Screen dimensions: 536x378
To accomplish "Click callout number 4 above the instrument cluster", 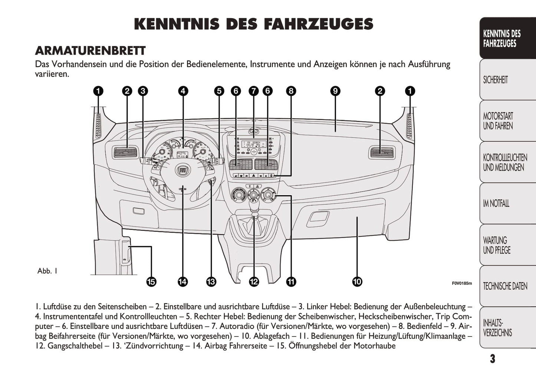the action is [x=183, y=91].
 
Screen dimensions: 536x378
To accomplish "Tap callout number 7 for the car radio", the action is [x=254, y=91].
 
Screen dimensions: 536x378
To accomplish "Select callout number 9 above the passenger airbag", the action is [x=335, y=91].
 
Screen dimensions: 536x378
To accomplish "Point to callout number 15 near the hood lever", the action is [x=151, y=282].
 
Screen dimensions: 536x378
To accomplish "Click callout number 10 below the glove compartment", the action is [x=357, y=282].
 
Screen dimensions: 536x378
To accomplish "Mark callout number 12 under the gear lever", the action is [x=254, y=282].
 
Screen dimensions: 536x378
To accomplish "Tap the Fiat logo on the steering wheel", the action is [x=183, y=170].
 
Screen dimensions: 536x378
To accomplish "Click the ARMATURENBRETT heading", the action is [x=90, y=50].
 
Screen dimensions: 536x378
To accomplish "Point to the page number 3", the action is [x=493, y=359].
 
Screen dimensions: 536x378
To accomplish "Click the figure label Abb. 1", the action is [x=47, y=271].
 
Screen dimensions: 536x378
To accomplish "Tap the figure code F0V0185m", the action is [x=462, y=283].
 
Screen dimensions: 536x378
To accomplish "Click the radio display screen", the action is [x=254, y=144].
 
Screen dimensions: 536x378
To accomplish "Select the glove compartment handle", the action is [x=318, y=218].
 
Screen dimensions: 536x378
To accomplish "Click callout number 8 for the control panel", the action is [x=291, y=91].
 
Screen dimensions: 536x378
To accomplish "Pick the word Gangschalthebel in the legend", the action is [x=75, y=346].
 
